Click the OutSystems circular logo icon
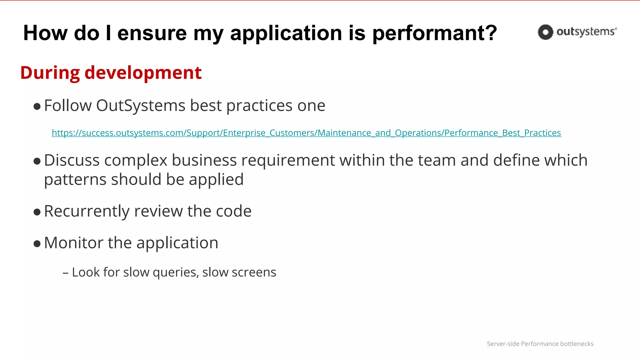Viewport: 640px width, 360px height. (545, 32)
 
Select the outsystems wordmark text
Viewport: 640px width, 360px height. (586, 32)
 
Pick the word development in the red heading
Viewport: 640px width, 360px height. (143, 73)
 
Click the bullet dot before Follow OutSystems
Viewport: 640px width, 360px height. (37, 107)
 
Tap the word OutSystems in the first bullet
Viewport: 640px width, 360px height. (141, 106)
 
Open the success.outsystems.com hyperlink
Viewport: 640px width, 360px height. (306, 133)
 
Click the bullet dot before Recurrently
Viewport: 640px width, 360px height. (37, 212)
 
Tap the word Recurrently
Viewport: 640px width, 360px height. (87, 212)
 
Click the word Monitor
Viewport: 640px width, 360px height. (73, 243)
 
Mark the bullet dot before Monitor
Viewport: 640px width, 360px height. (37, 244)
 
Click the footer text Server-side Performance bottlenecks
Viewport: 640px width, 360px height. (540, 344)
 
